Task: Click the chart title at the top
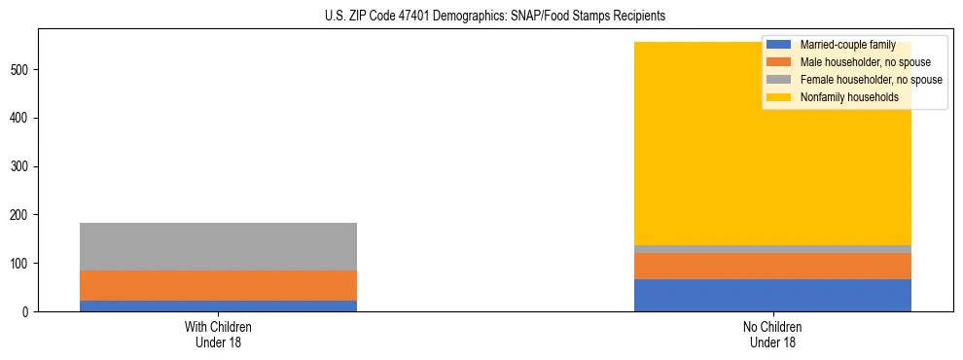(x=495, y=17)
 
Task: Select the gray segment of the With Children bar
(x=218, y=247)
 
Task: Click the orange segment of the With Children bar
(x=218, y=285)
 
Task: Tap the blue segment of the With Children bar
(x=218, y=306)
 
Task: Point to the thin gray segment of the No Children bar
(x=772, y=249)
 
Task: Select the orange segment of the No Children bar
(x=772, y=266)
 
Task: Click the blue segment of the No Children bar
(x=772, y=295)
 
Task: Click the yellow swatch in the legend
(x=779, y=97)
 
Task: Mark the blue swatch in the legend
(x=779, y=45)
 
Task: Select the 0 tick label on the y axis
(x=27, y=311)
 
